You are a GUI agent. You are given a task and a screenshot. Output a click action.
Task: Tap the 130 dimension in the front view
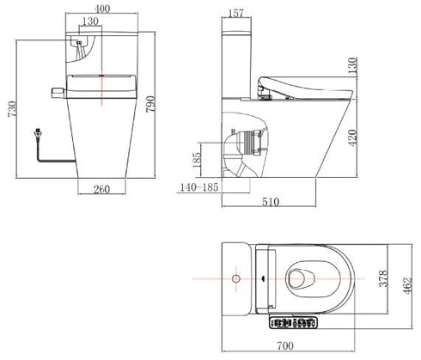[x=89, y=21]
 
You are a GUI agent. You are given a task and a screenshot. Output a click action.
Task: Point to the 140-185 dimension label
[x=200, y=186]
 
